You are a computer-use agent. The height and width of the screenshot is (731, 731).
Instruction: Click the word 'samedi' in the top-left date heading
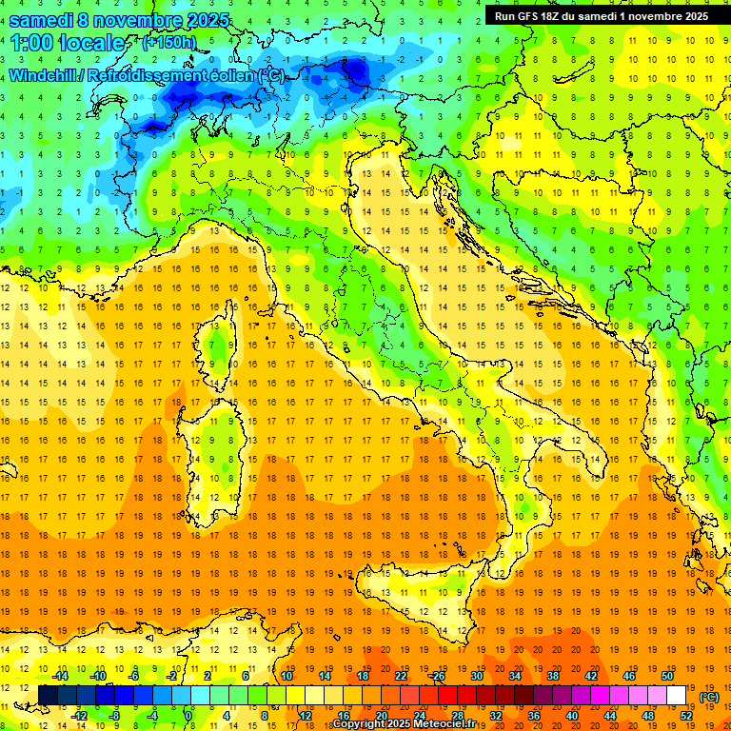[x=43, y=20]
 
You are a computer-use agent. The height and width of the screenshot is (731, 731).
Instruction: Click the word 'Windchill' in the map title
[x=45, y=75]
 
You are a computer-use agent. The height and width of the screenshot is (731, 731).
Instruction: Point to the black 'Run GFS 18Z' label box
[x=601, y=15]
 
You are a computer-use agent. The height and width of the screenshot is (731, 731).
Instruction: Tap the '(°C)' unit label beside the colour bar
[x=708, y=697]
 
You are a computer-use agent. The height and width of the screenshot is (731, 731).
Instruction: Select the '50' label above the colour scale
[x=667, y=676]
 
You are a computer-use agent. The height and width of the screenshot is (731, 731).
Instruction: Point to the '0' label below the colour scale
[x=188, y=715]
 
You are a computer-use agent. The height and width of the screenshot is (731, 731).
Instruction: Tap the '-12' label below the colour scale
[x=80, y=715]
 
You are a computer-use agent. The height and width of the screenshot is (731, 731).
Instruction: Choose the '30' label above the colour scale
[x=476, y=676]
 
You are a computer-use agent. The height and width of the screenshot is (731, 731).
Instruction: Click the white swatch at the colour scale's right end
[x=677, y=695]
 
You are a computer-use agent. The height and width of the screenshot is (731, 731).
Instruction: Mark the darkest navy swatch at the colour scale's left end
[x=48, y=695]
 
